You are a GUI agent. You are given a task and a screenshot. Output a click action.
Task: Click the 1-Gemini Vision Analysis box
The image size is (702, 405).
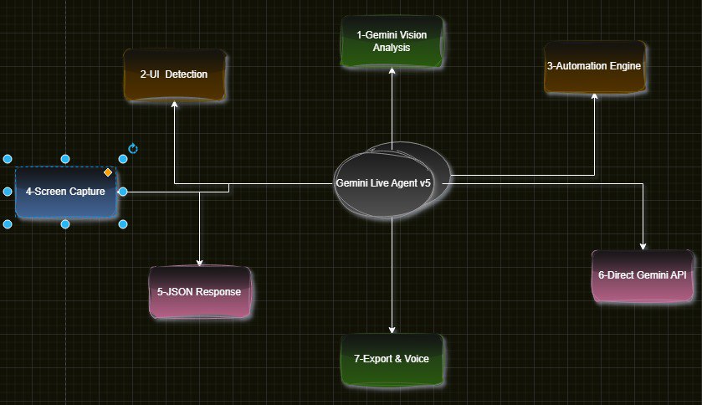tap(392, 40)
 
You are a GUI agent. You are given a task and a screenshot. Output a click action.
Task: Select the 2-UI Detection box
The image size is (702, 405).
tap(175, 74)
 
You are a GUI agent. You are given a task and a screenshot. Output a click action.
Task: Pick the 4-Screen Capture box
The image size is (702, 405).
tap(65, 192)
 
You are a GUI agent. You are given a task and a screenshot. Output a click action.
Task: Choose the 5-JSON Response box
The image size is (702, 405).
tap(199, 292)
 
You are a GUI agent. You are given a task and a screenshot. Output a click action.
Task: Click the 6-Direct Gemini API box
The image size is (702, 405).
tap(642, 275)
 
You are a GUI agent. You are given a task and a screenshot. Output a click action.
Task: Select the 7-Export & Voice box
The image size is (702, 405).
tap(392, 359)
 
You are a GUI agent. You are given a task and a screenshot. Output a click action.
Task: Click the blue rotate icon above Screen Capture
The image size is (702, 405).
tap(133, 149)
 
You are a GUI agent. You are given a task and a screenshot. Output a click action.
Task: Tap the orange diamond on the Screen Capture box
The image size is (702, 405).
tap(108, 172)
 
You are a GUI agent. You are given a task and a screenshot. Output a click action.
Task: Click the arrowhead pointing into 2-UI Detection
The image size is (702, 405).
tap(175, 105)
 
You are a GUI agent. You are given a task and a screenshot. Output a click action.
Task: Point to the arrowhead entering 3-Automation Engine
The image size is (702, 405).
tap(595, 96)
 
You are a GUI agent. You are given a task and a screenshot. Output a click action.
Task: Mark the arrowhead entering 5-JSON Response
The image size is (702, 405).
tap(200, 262)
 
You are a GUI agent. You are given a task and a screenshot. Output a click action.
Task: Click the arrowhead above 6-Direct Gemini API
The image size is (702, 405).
tap(643, 246)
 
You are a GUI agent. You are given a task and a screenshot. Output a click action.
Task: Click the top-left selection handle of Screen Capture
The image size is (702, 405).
tap(8, 159)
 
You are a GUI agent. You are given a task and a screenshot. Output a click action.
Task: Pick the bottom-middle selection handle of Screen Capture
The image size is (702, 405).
tap(65, 224)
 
